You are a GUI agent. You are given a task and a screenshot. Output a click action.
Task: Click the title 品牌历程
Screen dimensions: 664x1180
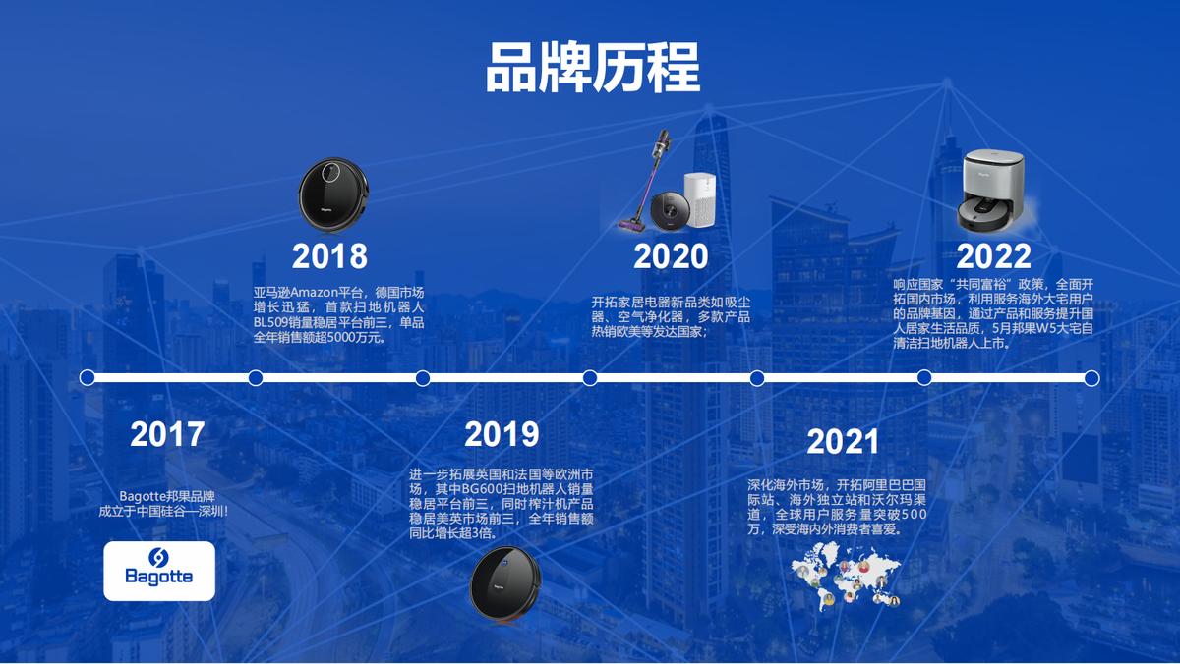pos(592,67)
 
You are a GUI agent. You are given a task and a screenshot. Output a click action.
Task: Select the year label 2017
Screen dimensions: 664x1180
pos(167,434)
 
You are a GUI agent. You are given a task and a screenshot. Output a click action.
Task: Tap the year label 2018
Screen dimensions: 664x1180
pos(329,256)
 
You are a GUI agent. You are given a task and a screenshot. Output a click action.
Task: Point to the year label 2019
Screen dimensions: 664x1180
pos(501,434)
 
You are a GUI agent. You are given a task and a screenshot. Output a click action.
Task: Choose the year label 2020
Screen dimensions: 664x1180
pos(670,256)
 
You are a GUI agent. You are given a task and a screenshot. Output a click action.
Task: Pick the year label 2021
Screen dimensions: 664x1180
pos(843,442)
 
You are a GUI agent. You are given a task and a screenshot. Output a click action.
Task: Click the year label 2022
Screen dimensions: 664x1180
pos(993,256)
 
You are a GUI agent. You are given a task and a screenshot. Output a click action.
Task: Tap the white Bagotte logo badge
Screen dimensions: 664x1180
pos(159,571)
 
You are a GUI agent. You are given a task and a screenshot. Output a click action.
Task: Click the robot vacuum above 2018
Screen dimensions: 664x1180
pos(335,193)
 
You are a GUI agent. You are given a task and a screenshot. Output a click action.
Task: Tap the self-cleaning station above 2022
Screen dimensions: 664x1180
pos(992,189)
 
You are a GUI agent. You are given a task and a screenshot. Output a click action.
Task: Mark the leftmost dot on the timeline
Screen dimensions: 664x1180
pos(88,377)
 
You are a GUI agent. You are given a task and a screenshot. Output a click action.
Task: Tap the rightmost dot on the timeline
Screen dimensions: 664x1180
pos(1091,377)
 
